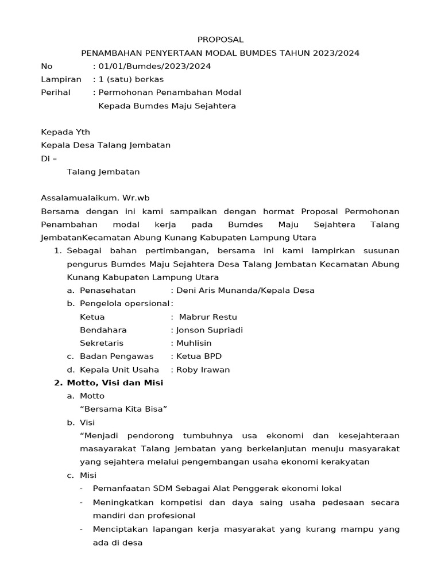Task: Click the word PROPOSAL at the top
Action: pos(220,40)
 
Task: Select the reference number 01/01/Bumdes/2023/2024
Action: pos(154,66)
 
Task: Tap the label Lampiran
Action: pos(61,79)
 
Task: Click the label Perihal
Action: pos(56,92)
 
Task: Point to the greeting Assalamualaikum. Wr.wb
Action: pos(95,198)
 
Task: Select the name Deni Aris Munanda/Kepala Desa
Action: pos(245,291)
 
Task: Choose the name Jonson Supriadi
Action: pos(210,330)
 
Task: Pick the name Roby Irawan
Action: pos(203,370)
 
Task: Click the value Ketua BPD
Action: pos(199,357)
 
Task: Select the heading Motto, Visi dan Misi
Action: pos(115,383)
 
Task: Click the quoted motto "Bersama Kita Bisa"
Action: pos(123,409)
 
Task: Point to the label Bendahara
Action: pos(103,330)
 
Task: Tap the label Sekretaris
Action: pos(102,343)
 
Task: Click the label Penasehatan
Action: pos(108,291)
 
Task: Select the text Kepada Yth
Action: pos(65,132)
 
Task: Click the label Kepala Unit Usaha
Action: pos(119,370)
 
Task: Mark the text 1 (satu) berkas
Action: pos(131,79)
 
